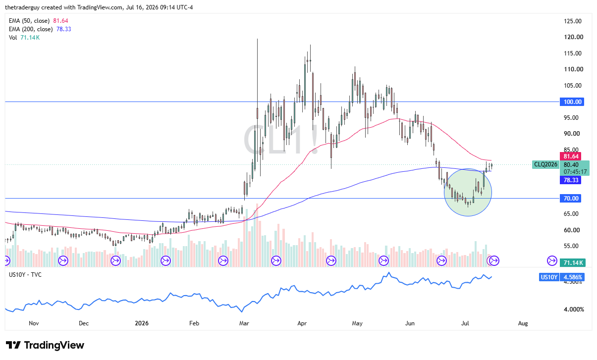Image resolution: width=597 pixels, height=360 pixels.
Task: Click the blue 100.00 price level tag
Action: pos(572,102)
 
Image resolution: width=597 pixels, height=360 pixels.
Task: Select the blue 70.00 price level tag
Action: pos(570,198)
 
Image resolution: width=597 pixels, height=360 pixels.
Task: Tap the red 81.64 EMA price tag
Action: pos(570,156)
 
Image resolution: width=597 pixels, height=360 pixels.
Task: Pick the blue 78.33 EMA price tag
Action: pos(570,180)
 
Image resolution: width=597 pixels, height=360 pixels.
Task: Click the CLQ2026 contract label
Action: pos(545,164)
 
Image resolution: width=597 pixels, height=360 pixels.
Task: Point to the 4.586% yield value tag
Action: pos(572,277)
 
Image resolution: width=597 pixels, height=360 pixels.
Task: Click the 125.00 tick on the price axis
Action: pos(573,21)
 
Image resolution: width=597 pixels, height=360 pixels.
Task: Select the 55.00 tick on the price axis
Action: pos(571,246)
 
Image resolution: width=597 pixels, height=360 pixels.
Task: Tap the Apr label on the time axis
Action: pos(302,323)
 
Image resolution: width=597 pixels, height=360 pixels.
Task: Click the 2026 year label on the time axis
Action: pos(142,323)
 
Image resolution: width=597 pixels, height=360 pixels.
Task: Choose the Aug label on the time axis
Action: pos(523,323)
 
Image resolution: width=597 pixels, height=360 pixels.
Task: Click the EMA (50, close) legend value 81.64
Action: pos(60,21)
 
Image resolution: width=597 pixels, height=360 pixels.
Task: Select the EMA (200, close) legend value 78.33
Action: pos(64,29)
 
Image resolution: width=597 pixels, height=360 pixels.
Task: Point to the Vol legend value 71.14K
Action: pos(30,38)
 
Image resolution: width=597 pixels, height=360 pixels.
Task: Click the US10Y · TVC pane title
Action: pos(25,275)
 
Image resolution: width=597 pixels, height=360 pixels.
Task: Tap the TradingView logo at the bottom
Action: pos(45,345)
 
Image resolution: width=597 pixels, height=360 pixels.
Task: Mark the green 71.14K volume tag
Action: pos(573,263)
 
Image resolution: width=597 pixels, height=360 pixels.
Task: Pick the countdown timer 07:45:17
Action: pos(575,172)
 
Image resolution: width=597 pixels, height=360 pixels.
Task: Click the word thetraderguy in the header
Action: pos(22,7)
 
